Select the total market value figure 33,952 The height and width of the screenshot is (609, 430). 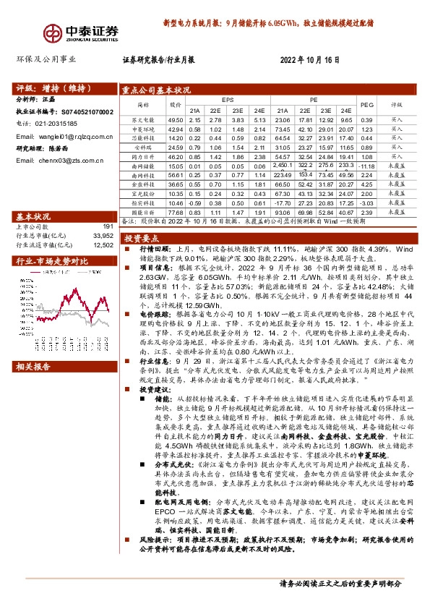click(x=104, y=236)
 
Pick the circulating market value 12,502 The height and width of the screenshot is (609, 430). click(x=104, y=244)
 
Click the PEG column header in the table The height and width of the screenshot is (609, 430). click(x=366, y=104)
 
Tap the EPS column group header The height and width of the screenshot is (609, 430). click(x=228, y=98)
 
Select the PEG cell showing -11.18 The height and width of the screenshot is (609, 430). click(x=366, y=166)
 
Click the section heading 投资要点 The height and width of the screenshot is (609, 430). click(x=139, y=238)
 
